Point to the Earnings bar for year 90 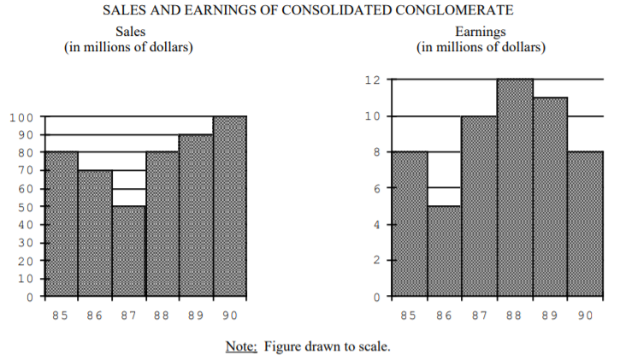pyautogui.click(x=585, y=224)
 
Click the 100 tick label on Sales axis pyautogui.click(x=22, y=117)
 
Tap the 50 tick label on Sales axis pyautogui.click(x=26, y=207)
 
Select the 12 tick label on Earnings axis pyautogui.click(x=371, y=80)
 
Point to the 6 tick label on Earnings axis pyautogui.click(x=375, y=188)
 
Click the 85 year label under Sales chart pyautogui.click(x=60, y=316)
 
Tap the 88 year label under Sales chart pyautogui.click(x=162, y=316)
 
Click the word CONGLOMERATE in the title pyautogui.click(x=458, y=11)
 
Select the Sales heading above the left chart pyautogui.click(x=128, y=32)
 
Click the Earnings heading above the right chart pyautogui.click(x=481, y=32)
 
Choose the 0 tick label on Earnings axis pyautogui.click(x=375, y=297)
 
